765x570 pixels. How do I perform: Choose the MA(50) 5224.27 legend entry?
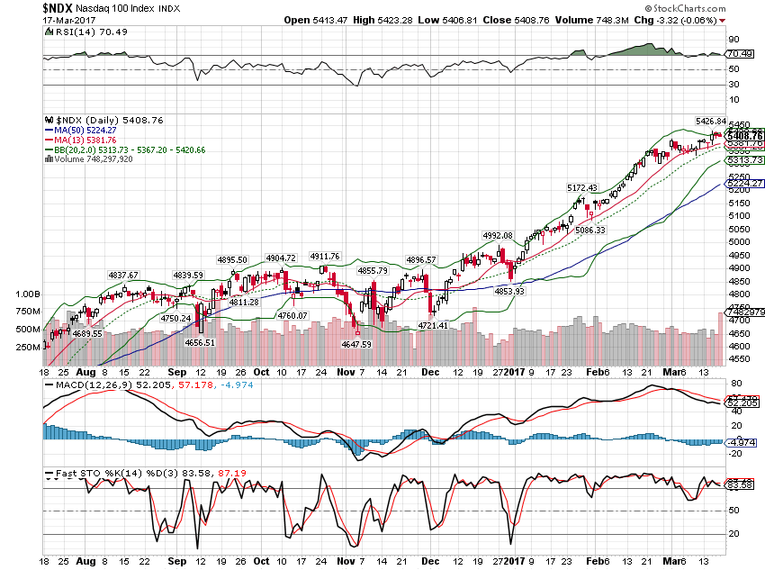pyautogui.click(x=89, y=130)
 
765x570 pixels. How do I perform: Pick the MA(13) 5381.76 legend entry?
pyautogui.click(x=89, y=140)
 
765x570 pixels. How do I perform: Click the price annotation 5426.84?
pyautogui.click(x=710, y=121)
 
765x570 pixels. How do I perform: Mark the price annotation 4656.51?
pyautogui.click(x=199, y=342)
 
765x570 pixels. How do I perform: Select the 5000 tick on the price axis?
pyautogui.click(x=739, y=242)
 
